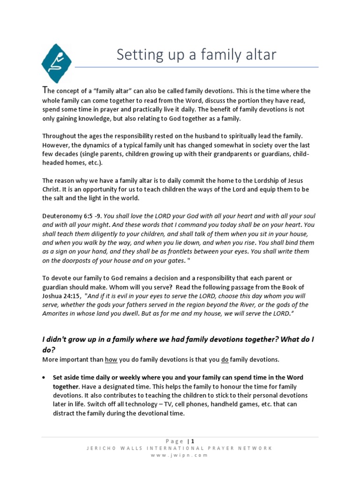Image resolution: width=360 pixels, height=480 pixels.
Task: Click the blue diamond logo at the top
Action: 57,63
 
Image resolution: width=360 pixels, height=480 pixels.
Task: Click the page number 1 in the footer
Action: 192,441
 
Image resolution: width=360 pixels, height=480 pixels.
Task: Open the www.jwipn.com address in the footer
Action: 180,455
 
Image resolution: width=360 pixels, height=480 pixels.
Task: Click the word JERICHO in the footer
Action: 99,448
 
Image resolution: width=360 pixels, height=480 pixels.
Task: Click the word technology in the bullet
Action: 182,404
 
